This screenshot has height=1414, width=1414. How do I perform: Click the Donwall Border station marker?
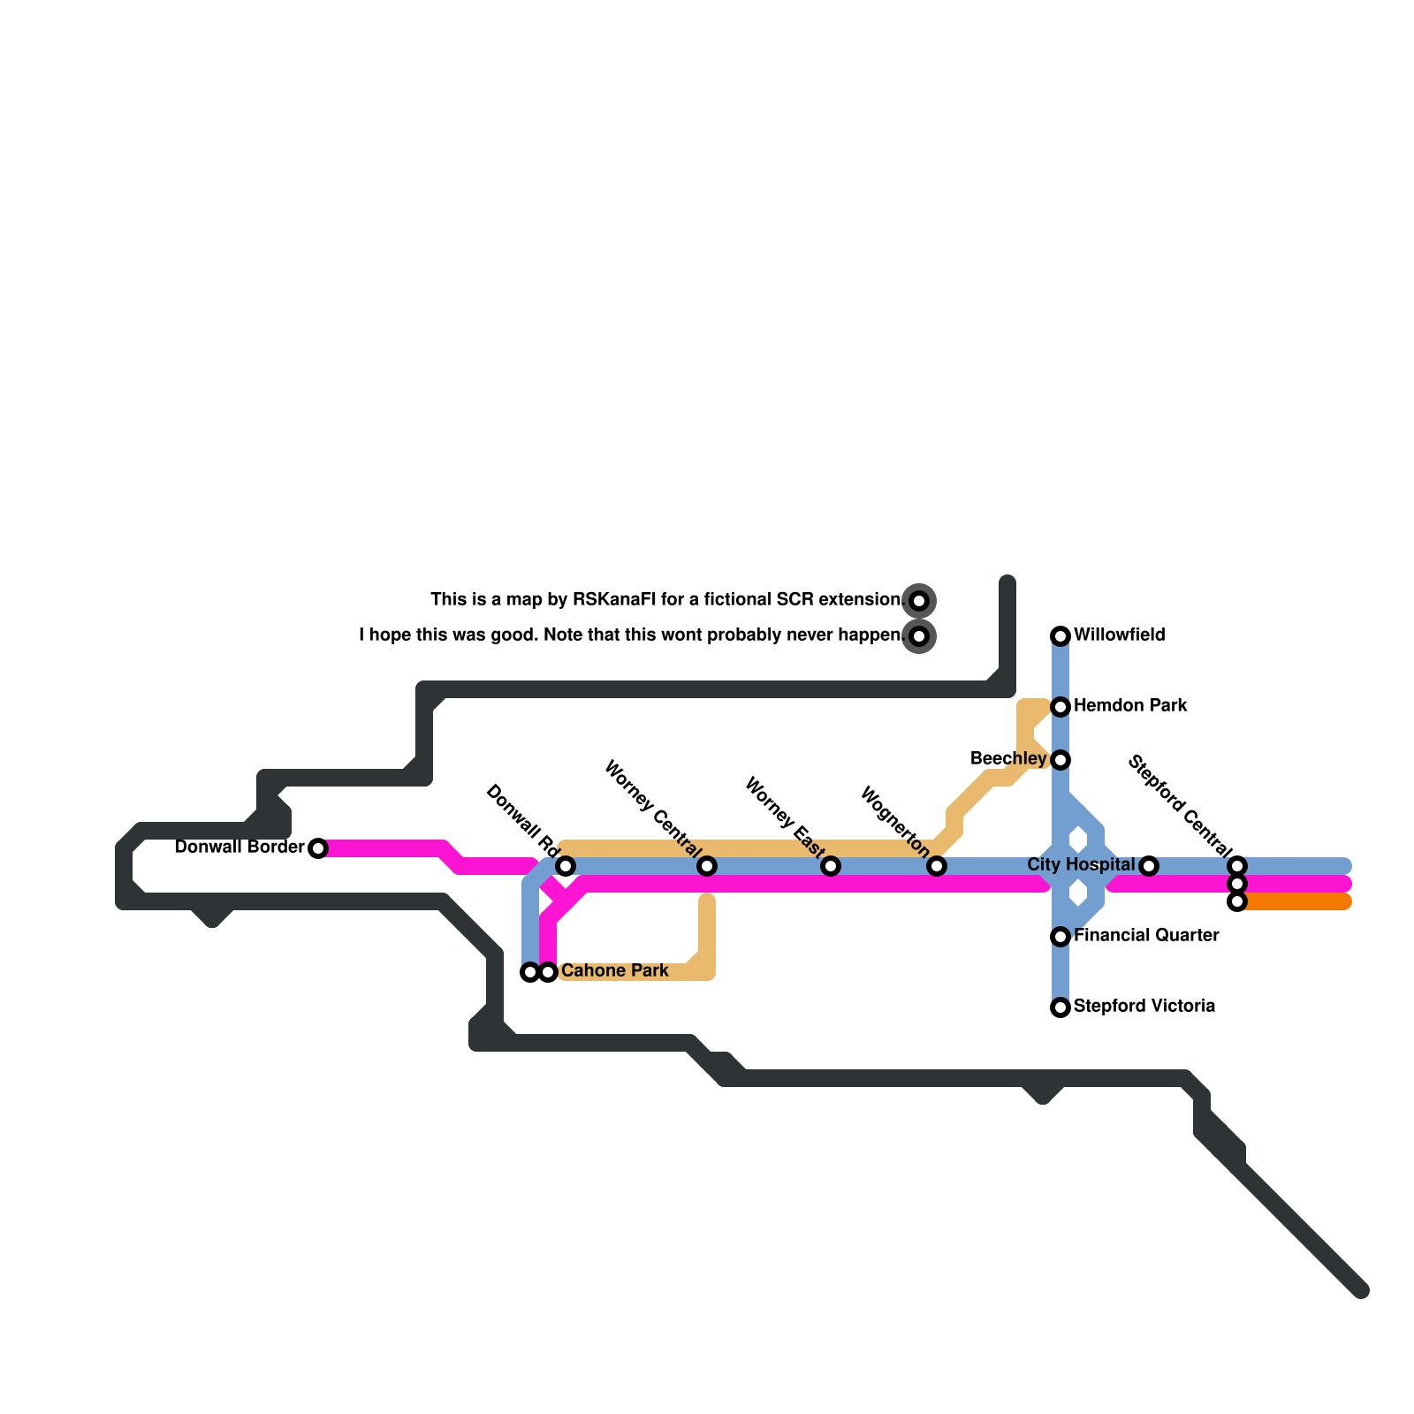tap(318, 848)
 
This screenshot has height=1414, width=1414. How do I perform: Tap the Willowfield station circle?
tap(1060, 636)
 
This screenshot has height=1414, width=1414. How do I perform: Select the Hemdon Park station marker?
tap(1060, 707)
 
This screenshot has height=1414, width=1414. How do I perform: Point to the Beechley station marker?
tap(1060, 760)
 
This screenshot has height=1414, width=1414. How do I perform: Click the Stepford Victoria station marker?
tap(1060, 1007)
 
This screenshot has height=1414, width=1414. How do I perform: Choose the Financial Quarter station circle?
tap(1060, 937)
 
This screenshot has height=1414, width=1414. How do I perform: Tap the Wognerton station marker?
tap(937, 866)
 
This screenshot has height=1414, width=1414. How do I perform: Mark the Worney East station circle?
tap(831, 866)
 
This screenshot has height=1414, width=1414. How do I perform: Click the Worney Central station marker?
tap(707, 866)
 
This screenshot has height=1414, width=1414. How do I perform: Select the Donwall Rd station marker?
tap(566, 866)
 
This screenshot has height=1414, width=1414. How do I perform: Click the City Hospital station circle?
tap(1149, 866)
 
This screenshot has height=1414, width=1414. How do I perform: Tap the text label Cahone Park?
tap(614, 971)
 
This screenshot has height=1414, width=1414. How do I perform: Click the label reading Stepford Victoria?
tap(1144, 1007)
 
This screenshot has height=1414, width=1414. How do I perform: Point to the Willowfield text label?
tap(1119, 635)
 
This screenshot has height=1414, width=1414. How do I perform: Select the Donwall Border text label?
tap(239, 848)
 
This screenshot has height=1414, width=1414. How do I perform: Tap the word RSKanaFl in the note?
tap(614, 600)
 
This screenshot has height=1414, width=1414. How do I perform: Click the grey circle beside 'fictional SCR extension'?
tap(919, 601)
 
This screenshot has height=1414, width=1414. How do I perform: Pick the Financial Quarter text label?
tap(1145, 936)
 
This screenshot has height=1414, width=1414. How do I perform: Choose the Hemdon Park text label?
tap(1129, 706)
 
